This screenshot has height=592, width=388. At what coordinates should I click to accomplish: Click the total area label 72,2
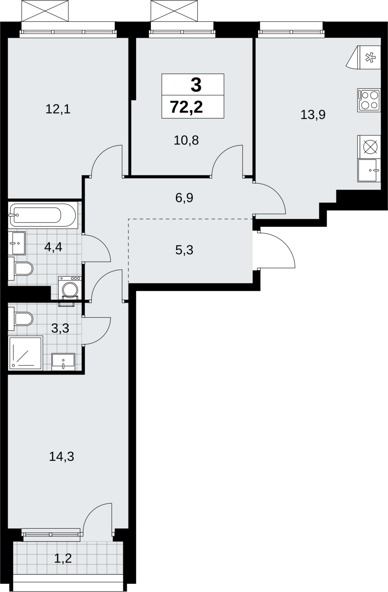click(x=186, y=107)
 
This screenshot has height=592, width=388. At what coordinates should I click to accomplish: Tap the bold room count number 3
click(x=196, y=85)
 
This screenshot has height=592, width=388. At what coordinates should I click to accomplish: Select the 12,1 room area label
click(x=58, y=109)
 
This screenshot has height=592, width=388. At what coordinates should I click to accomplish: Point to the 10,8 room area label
click(x=186, y=140)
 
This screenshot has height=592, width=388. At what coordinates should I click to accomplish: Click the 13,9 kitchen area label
click(x=313, y=115)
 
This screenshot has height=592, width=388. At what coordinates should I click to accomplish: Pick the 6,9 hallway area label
click(x=184, y=198)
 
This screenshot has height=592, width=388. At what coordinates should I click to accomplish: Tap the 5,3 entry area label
click(x=184, y=250)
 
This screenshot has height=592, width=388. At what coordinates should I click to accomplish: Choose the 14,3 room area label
click(x=61, y=457)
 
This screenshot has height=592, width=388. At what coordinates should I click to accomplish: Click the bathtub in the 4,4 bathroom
click(x=43, y=215)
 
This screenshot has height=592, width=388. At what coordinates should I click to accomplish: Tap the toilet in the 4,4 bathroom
click(x=21, y=269)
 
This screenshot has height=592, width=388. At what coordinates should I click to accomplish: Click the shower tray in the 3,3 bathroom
click(x=25, y=353)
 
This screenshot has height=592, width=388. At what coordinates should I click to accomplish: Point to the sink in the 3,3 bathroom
click(x=63, y=361)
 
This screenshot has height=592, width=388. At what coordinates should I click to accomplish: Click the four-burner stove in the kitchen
click(x=369, y=100)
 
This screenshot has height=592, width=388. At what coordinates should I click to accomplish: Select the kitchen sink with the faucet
click(x=369, y=171)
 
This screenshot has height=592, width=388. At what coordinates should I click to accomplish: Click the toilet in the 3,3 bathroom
click(x=21, y=319)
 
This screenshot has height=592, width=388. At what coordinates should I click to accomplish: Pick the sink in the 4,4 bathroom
click(x=17, y=243)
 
